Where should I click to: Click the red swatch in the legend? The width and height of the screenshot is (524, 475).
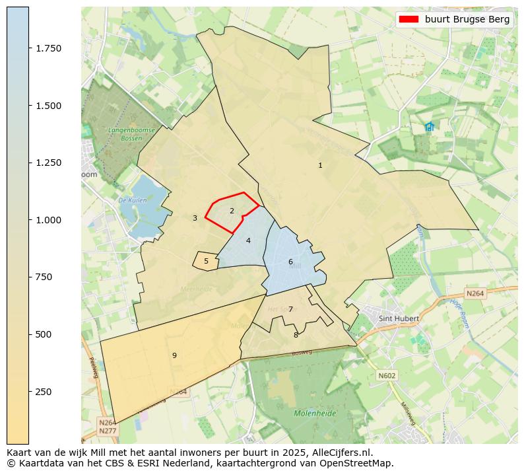click(409, 20)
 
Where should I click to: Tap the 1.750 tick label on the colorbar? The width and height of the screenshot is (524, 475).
click(48, 48)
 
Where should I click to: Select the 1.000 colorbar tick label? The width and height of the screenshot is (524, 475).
click(48, 220)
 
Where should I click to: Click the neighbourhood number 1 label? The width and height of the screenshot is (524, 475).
click(320, 166)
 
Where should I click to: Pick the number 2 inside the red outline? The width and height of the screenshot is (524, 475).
click(232, 211)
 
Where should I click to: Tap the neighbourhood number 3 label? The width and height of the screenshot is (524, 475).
click(195, 218)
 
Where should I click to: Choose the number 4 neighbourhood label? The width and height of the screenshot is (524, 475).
click(248, 240)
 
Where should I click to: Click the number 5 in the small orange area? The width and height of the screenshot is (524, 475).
click(206, 262)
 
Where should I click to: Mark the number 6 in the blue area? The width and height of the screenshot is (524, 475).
click(290, 262)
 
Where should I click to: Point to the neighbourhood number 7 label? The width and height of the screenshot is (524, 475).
click(290, 309)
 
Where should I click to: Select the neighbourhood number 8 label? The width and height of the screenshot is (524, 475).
click(296, 335)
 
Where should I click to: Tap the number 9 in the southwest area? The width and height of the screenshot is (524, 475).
click(174, 356)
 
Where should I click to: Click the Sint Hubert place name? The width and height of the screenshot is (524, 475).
click(399, 318)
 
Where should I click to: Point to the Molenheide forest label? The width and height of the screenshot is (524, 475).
click(315, 414)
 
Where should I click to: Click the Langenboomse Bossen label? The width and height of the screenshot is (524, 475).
click(132, 134)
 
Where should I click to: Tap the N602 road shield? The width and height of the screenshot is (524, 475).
click(387, 375)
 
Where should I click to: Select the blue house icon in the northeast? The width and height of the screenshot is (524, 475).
click(430, 126)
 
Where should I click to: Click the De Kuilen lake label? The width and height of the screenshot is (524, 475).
click(131, 200)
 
